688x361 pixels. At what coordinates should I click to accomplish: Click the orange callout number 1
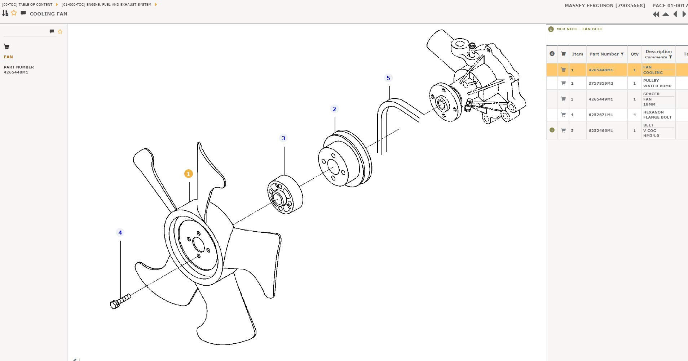188,174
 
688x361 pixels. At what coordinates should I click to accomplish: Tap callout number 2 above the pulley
334,109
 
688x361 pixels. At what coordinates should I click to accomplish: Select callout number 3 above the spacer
283,138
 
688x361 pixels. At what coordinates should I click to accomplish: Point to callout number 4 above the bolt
120,232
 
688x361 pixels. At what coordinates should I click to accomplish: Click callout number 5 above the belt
388,78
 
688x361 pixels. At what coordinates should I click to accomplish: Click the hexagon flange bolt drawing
120,301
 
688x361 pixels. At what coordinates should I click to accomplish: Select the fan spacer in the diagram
285,195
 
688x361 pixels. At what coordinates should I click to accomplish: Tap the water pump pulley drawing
345,159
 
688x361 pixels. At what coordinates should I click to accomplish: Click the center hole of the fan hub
199,244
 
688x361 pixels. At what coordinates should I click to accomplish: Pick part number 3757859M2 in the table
601,83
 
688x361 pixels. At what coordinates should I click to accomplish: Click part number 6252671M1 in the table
601,115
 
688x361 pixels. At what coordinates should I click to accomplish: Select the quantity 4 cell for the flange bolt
635,115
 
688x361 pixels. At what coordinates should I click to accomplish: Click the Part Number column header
604,54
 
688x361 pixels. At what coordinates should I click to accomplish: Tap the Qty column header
635,54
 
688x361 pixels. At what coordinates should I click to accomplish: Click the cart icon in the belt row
563,130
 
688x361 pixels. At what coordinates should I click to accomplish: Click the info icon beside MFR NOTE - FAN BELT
551,29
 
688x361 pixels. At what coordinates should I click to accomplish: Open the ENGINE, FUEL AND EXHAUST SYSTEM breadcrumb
106,5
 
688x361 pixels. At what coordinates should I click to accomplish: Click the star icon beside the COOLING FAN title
14,13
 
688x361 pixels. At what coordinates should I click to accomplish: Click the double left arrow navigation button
656,14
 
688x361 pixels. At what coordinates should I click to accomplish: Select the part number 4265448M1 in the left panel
16,72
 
